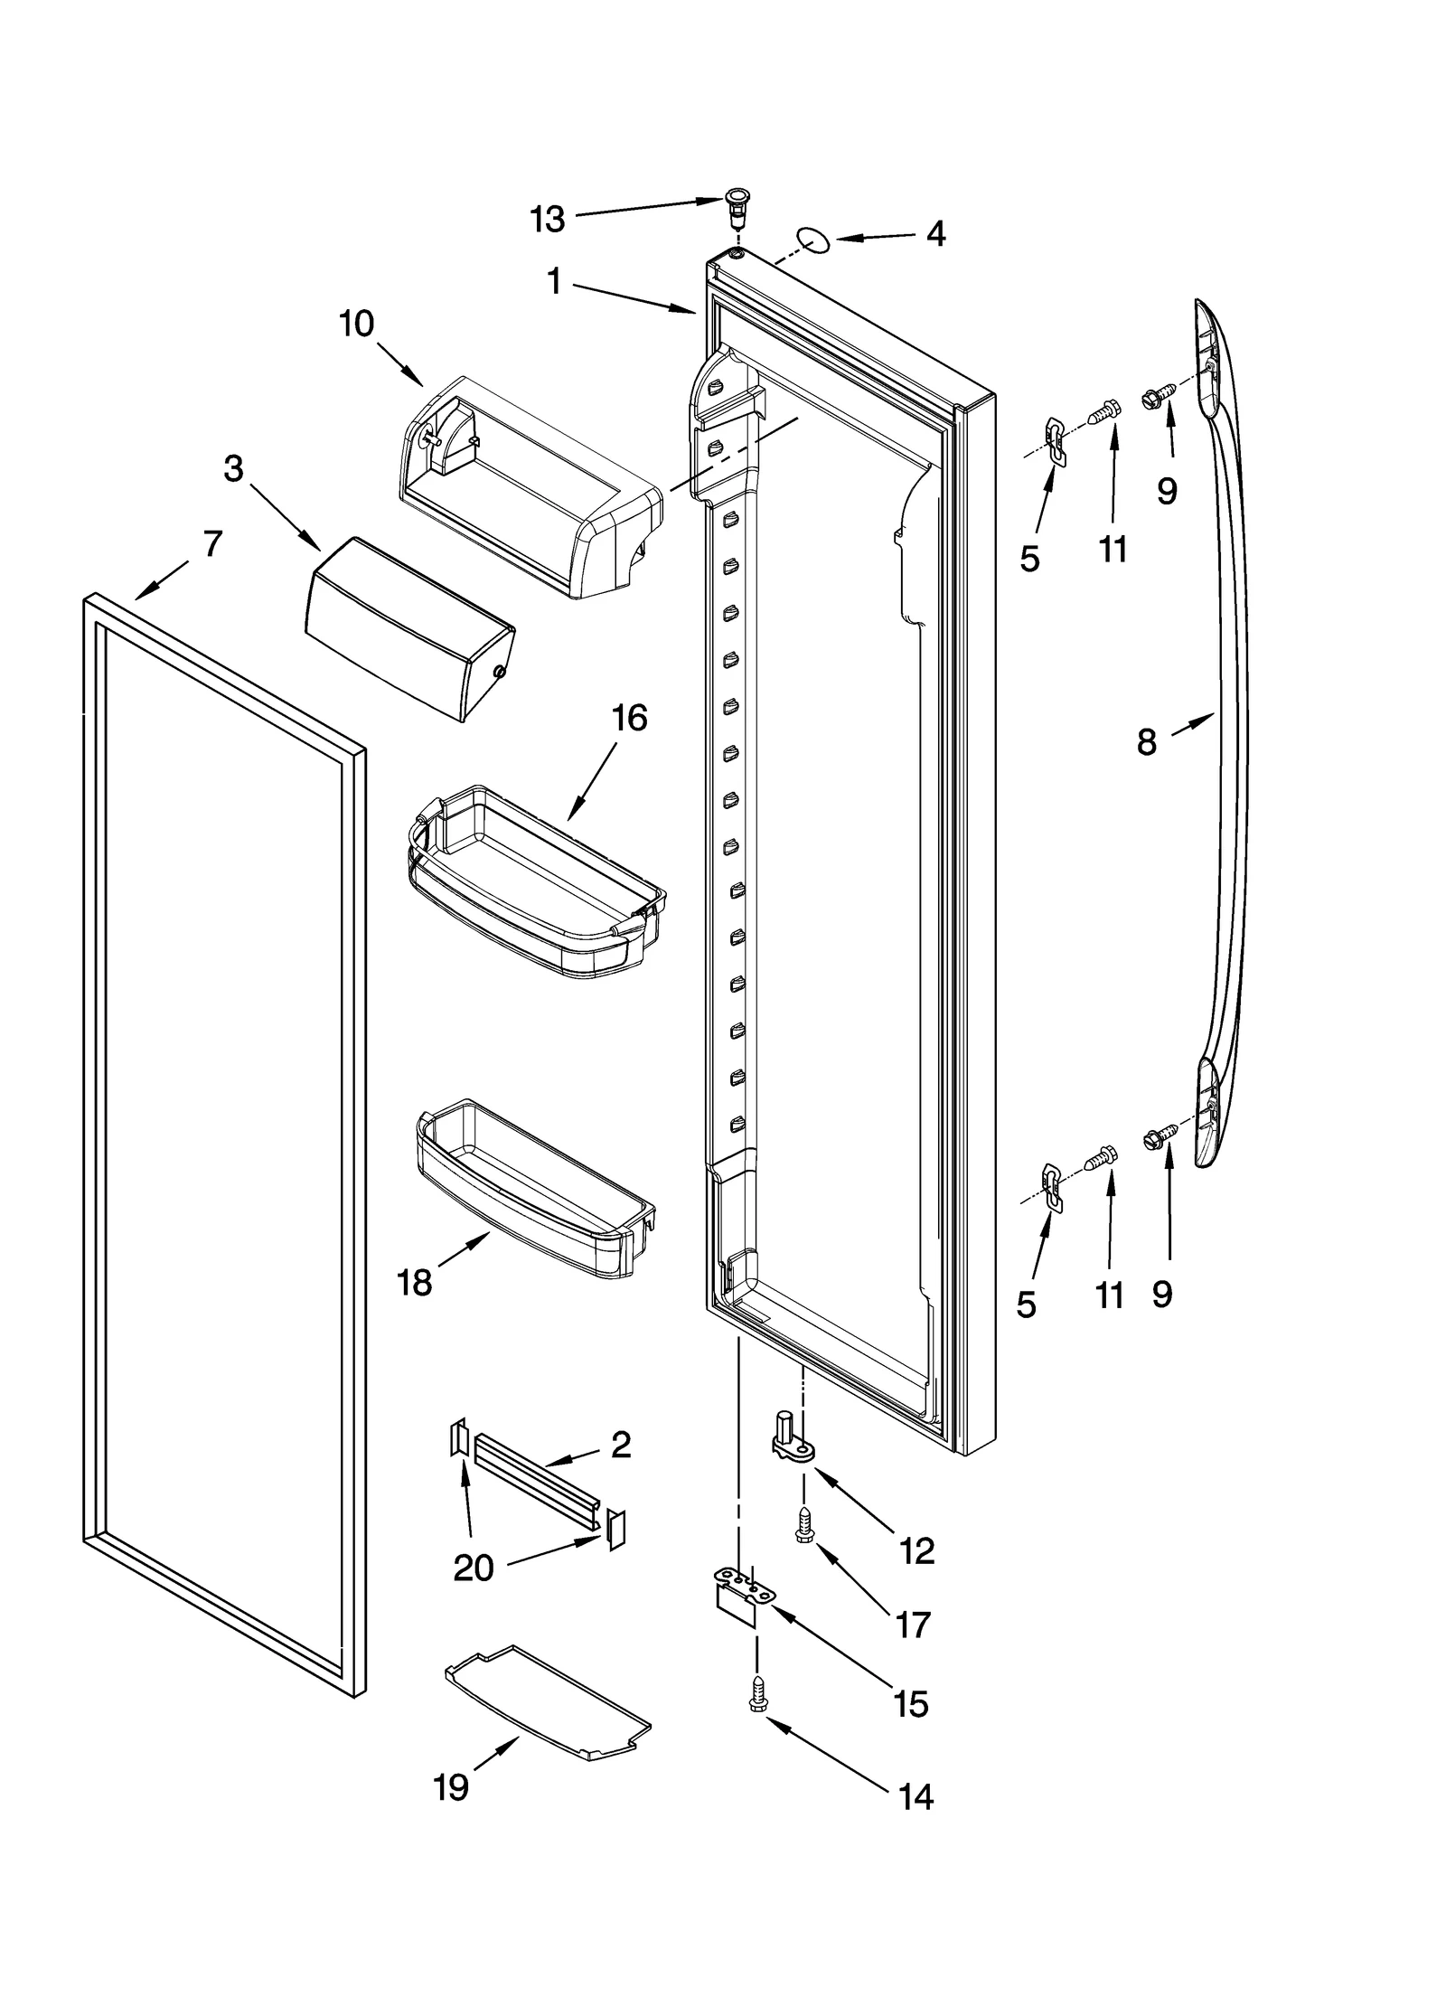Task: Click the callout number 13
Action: point(548,219)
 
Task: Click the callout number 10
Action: point(357,323)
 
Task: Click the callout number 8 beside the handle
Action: point(1146,742)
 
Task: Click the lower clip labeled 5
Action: point(1051,1188)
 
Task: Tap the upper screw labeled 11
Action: point(1103,412)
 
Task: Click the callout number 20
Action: point(473,1567)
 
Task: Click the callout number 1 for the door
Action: point(554,283)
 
